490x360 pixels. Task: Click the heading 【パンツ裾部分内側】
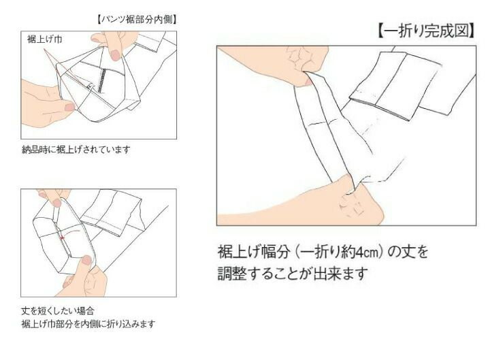pyautogui.click(x=137, y=20)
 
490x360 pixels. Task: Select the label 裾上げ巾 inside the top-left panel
pyautogui.click(x=44, y=39)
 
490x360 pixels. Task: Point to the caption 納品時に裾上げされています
pyautogui.click(x=76, y=150)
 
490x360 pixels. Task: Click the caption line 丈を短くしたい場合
pyautogui.click(x=58, y=311)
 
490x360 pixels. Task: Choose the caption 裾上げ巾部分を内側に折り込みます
pyautogui.click(x=88, y=324)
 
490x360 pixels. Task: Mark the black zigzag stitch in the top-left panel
pyautogui.click(x=101, y=80)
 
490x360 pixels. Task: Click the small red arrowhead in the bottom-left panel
pyautogui.click(x=63, y=238)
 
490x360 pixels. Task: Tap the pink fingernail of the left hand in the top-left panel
pyautogui.click(x=69, y=108)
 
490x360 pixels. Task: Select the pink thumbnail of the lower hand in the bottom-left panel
pyautogui.click(x=86, y=261)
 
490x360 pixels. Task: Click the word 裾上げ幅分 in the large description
pyautogui.click(x=254, y=252)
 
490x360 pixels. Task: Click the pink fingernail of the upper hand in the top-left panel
pyautogui.click(x=115, y=55)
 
